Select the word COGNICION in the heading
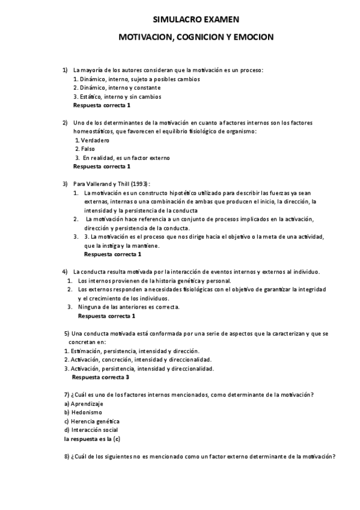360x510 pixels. (x=199, y=37)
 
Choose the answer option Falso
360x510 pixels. (x=87, y=149)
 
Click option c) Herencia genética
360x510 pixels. (x=92, y=421)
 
